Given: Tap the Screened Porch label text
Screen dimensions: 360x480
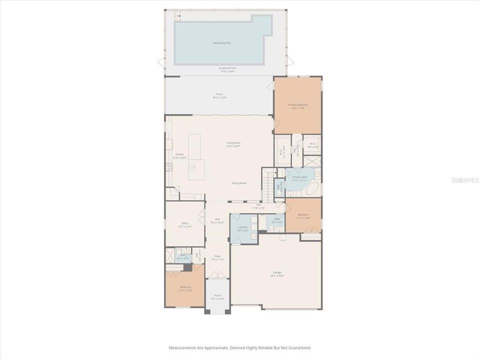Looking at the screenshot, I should [227, 68].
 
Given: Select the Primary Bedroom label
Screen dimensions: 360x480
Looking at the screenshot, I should [297, 105].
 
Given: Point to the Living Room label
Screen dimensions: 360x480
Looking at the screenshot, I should [233, 143].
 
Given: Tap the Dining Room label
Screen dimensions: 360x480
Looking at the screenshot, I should [239, 183].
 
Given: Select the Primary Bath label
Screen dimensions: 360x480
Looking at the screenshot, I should [300, 178].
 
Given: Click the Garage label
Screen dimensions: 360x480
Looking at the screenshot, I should [277, 273].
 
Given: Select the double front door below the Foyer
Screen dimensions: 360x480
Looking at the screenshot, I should [217, 275].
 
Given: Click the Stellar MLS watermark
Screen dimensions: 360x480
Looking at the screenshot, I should [464, 177].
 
